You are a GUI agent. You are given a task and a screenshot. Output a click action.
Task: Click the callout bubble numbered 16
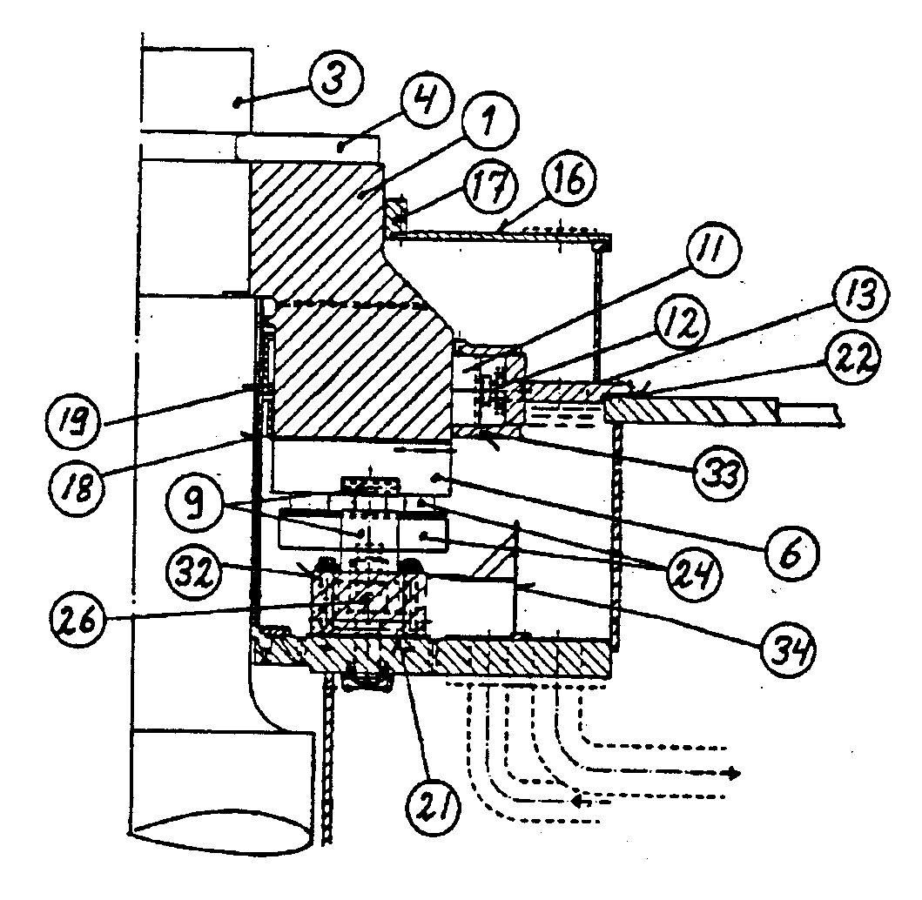[x=569, y=184]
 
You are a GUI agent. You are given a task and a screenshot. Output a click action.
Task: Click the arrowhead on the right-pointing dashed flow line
[x=736, y=773]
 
